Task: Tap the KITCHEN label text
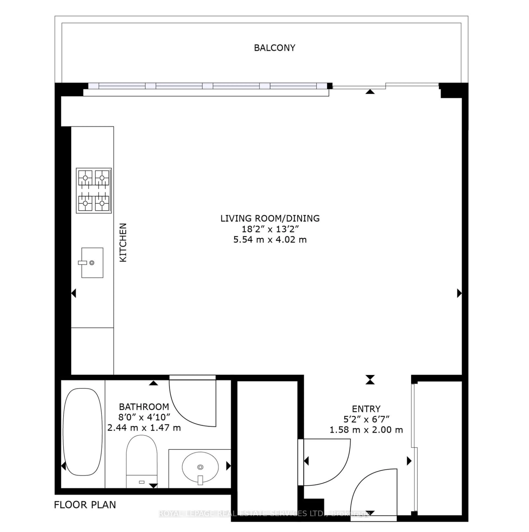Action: pyautogui.click(x=123, y=242)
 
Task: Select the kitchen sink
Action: pyautogui.click(x=92, y=263)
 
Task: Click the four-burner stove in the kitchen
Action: pyautogui.click(x=94, y=191)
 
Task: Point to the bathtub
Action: pyautogui.click(x=83, y=432)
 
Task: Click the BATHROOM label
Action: pyautogui.click(x=144, y=407)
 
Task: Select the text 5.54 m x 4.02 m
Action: pyautogui.click(x=270, y=240)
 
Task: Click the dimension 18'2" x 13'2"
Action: pyautogui.click(x=270, y=229)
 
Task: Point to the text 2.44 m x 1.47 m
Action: pyautogui.click(x=144, y=428)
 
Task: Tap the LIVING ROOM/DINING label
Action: pyautogui.click(x=270, y=218)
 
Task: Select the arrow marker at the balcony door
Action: pyautogui.click(x=370, y=92)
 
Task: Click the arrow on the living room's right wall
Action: pyautogui.click(x=459, y=293)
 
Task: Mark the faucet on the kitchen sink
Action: pyautogui.click(x=83, y=263)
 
